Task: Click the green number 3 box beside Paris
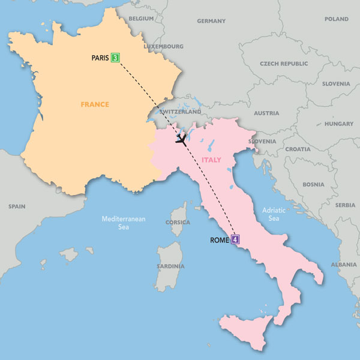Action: coord(115,58)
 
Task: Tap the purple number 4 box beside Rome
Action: coord(235,240)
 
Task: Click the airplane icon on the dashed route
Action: coord(180,140)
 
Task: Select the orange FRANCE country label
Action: coord(95,104)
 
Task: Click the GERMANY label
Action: coord(211,21)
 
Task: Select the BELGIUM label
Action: coord(142,19)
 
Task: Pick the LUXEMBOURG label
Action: coord(163,46)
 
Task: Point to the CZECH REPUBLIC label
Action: coord(283,63)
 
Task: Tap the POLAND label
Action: coord(336,19)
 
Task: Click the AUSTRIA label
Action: coord(266,113)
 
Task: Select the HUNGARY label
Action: coord(338,124)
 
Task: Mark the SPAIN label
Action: coord(17,206)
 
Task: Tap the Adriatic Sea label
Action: coord(271,215)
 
